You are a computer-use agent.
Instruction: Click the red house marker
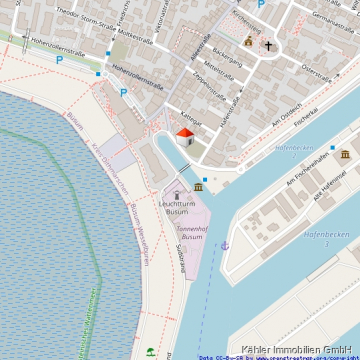tap(185, 137)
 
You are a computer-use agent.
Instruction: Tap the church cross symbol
tap(268, 46)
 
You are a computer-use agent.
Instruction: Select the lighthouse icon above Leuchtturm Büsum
tap(177, 194)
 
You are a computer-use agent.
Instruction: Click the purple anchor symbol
tap(225, 245)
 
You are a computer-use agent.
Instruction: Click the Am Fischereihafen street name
tap(308, 169)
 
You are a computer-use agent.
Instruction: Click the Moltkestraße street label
tap(100, 21)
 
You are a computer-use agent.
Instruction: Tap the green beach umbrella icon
tap(150, 351)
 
